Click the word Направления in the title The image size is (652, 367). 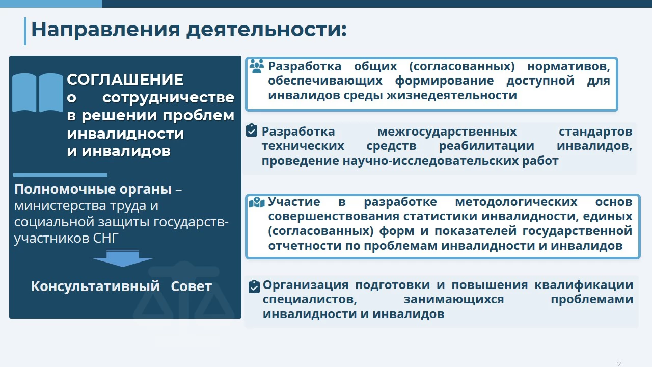click(105, 30)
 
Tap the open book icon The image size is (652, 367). click(38, 93)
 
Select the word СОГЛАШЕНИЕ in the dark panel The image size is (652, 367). click(125, 80)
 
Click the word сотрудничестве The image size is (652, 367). click(168, 97)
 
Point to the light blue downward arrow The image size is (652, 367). click(123, 258)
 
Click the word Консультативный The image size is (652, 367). click(95, 286)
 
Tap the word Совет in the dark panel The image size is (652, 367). click(191, 286)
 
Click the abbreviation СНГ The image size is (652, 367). click(105, 238)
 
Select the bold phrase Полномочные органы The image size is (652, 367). click(93, 189)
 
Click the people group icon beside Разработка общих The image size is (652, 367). click(257, 66)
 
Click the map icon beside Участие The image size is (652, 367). click(257, 202)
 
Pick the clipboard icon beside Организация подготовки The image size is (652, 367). click(254, 286)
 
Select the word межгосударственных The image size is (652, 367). click(447, 132)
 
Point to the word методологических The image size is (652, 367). click(516, 202)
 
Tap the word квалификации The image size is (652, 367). click(584, 285)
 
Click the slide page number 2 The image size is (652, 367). click(619, 364)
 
